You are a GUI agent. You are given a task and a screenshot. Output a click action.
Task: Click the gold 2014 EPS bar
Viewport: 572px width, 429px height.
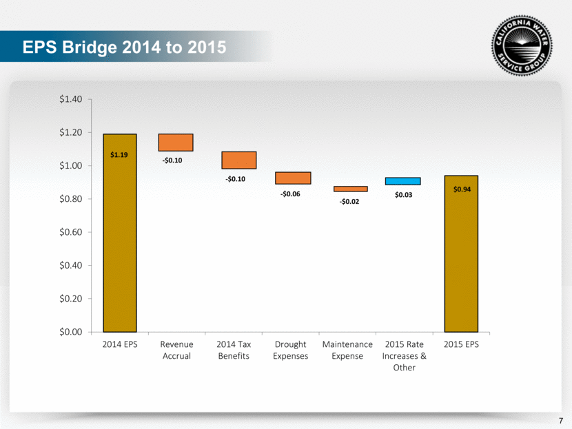(x=119, y=232)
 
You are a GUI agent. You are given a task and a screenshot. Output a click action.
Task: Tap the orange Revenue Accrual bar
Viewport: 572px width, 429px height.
(x=176, y=142)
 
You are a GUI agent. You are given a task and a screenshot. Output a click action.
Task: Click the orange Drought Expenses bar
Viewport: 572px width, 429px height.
(x=294, y=178)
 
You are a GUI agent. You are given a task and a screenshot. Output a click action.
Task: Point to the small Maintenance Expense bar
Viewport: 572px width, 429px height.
(x=350, y=189)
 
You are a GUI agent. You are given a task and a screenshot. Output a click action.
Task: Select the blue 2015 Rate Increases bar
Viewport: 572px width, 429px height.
(x=403, y=181)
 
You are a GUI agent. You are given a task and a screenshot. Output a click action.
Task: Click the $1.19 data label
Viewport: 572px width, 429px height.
(x=119, y=155)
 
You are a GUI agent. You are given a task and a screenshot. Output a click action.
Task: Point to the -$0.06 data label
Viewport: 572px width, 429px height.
(x=290, y=194)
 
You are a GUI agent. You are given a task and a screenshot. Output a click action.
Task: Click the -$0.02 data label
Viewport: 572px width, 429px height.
(x=350, y=202)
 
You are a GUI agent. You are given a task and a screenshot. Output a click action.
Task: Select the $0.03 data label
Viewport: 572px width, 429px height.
(x=403, y=196)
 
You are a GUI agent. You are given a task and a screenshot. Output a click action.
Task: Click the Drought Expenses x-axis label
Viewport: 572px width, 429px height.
(x=290, y=350)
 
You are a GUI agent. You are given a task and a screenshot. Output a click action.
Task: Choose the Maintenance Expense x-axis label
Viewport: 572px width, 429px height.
(x=347, y=350)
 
